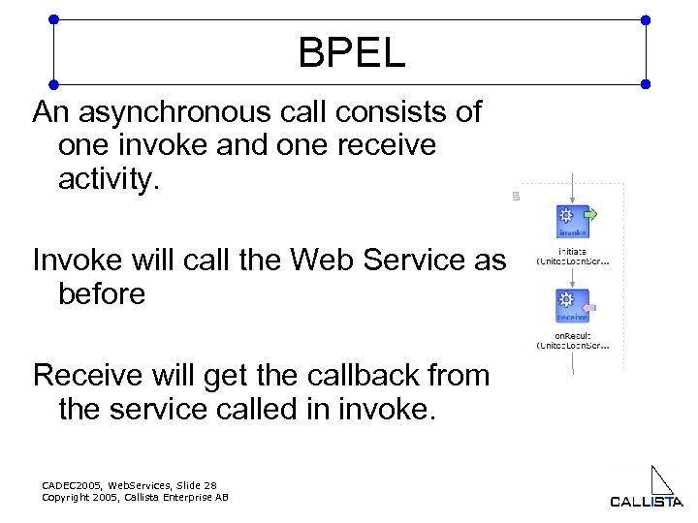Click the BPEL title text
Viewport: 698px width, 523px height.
tap(351, 53)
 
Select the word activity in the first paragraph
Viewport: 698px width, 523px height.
tap(108, 178)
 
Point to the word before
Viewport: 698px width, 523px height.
tap(102, 292)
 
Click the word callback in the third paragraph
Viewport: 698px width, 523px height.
tap(365, 375)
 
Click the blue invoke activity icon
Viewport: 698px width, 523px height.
tap(570, 221)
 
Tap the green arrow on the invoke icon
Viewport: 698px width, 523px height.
tap(590, 214)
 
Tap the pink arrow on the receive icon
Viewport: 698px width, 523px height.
tap(590, 308)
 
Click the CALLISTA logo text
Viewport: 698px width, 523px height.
tap(646, 502)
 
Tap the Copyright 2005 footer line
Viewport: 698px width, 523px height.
tap(136, 497)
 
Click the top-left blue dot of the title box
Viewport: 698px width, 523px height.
tap(53, 19)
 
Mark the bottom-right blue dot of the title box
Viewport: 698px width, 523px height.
tap(647, 84)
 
